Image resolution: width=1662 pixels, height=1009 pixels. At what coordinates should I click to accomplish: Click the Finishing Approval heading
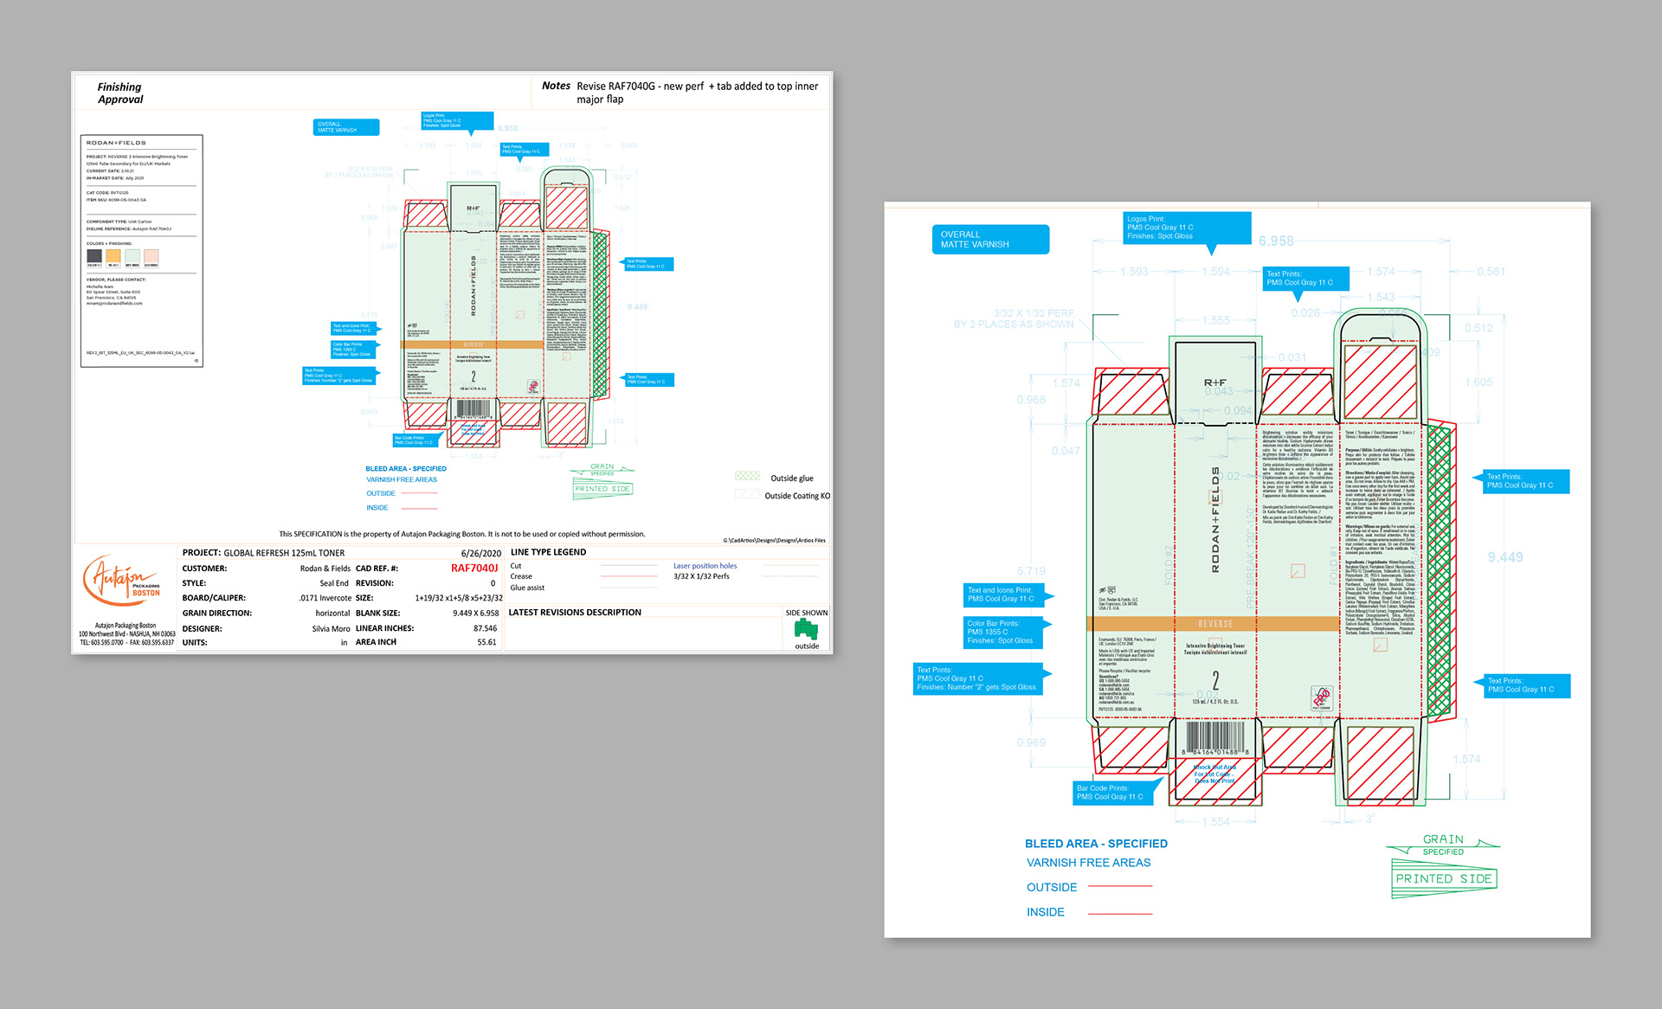click(x=120, y=93)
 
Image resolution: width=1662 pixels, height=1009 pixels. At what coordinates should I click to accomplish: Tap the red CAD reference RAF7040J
click(x=474, y=569)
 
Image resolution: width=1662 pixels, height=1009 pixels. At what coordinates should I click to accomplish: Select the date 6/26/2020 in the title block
click(x=480, y=553)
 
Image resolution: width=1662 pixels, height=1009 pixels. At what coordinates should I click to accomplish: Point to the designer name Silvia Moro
click(x=331, y=629)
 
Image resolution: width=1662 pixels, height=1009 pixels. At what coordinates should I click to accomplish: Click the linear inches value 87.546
click(x=485, y=629)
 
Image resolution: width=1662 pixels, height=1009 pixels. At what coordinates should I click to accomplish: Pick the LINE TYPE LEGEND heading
click(x=548, y=552)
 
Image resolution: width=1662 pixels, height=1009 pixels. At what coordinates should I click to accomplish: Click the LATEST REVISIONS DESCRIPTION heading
click(x=575, y=613)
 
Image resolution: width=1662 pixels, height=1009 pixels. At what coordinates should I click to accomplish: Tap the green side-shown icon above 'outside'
click(x=806, y=630)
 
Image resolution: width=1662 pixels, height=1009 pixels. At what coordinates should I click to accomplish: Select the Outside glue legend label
click(x=791, y=479)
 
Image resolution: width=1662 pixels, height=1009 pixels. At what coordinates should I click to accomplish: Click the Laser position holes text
click(x=705, y=566)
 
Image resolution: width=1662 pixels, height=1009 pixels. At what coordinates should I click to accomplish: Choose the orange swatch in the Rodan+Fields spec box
click(x=113, y=256)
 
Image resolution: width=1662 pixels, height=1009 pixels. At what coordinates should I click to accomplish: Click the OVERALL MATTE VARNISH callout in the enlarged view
click(x=990, y=240)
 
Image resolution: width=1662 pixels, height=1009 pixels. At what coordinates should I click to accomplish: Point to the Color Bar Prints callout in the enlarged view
click(x=1003, y=633)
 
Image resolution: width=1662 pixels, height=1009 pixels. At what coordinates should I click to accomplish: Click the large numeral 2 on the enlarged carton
click(x=1215, y=681)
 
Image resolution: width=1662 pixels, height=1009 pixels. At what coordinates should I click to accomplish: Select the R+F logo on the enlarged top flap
click(x=1214, y=382)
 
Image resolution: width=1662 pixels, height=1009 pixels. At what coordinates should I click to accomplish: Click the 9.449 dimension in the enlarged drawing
click(x=1505, y=557)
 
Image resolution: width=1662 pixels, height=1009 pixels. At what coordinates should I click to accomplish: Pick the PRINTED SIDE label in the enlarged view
click(x=1443, y=879)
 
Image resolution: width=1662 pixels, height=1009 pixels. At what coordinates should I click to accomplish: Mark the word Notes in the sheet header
click(x=556, y=86)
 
